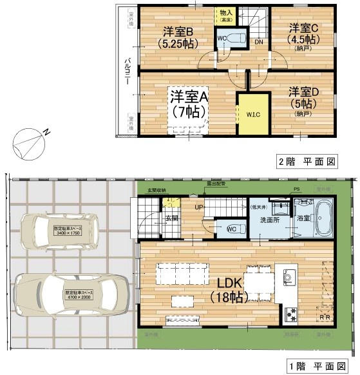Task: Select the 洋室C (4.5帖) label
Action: [x=301, y=35]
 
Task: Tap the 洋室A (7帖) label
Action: [x=188, y=103]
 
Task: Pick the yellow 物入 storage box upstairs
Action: [x=225, y=16]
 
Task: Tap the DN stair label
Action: [x=258, y=43]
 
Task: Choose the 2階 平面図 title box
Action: [x=308, y=161]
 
